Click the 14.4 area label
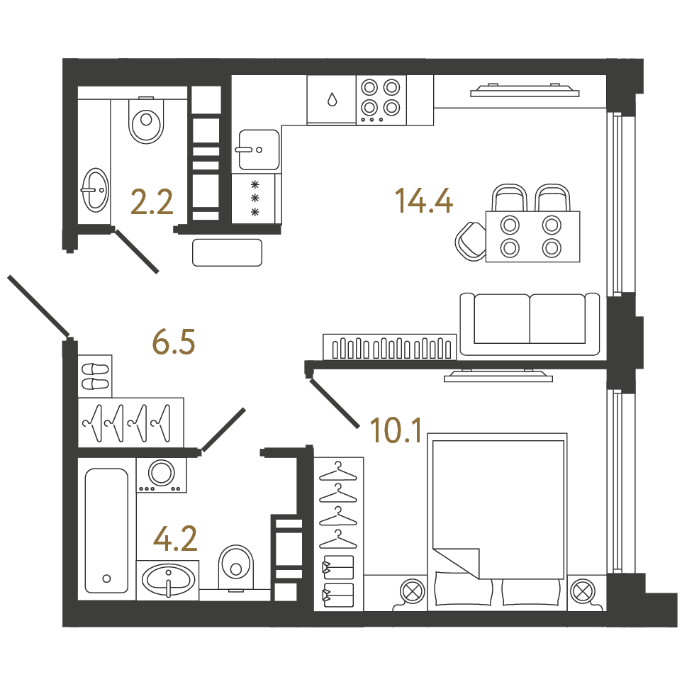click(424, 201)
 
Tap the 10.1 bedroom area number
click(396, 430)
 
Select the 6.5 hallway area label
click(174, 342)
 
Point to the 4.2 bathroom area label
click(175, 538)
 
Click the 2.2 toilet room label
click(152, 202)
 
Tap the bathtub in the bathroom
click(106, 530)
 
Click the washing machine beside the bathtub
click(162, 475)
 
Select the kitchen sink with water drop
click(332, 100)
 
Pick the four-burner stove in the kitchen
click(381, 100)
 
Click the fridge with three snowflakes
click(255, 199)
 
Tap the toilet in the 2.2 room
click(147, 120)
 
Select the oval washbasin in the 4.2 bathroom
click(168, 580)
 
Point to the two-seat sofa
click(530, 324)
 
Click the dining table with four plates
click(532, 237)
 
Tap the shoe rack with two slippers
click(95, 376)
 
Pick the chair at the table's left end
click(471, 242)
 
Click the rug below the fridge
click(227, 252)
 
